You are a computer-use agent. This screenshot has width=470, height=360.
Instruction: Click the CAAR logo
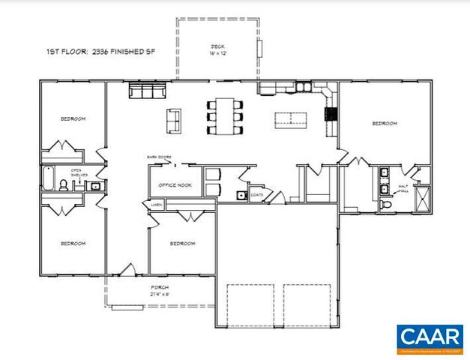point(430,338)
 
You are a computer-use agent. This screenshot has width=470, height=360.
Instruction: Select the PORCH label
point(159,288)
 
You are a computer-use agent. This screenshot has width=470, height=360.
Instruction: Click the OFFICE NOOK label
point(175,185)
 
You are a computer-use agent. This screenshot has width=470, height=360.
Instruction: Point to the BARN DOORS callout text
point(159,157)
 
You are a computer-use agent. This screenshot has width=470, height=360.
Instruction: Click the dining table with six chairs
point(224,116)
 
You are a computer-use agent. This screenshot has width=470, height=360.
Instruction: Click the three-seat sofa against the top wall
point(146,91)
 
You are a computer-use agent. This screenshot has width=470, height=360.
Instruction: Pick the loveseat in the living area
point(173,118)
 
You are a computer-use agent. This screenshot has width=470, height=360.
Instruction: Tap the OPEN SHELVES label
point(76,172)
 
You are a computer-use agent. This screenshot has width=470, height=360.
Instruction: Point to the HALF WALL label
point(403,189)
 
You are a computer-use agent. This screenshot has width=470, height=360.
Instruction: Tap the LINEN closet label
point(156,204)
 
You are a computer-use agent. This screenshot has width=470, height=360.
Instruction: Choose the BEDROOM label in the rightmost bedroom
point(384,123)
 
